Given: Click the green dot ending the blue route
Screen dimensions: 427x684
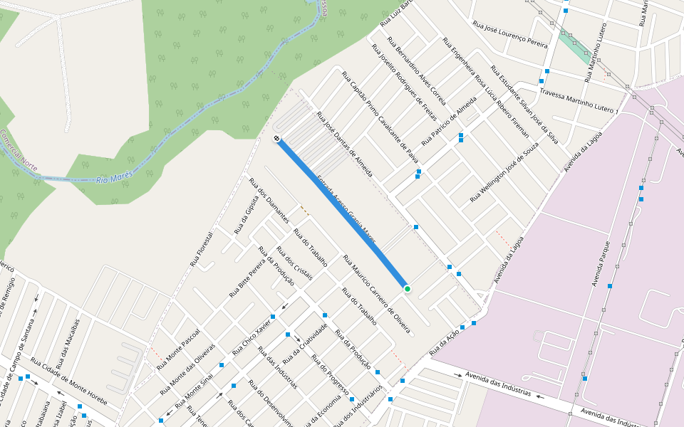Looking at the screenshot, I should pos(407,288).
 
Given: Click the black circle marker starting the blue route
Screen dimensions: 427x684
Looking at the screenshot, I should pos(276,138).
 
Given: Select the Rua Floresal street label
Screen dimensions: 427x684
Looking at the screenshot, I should pos(202,248).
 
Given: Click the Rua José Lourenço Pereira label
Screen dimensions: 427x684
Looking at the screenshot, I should pos(510,33).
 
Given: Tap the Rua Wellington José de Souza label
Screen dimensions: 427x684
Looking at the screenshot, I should pos(504,171).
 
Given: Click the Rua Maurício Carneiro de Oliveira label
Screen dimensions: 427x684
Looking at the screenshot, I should pos(376,294).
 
